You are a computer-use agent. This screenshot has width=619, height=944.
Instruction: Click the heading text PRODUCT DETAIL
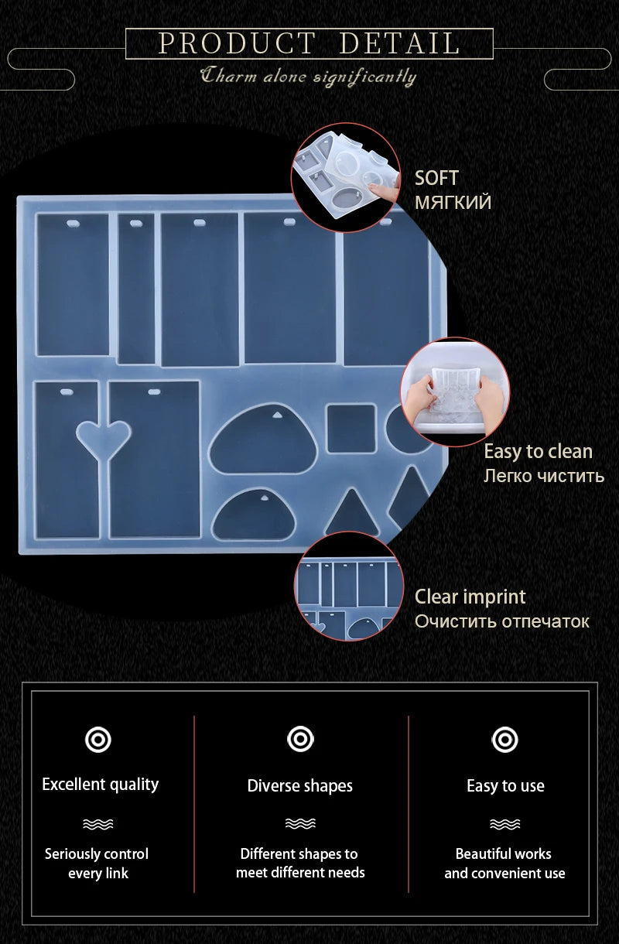click(309, 43)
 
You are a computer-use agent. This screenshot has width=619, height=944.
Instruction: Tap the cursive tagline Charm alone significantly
click(308, 77)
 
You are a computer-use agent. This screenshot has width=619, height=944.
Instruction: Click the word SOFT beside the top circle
click(436, 178)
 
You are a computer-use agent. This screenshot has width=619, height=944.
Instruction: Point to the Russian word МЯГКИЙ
click(453, 202)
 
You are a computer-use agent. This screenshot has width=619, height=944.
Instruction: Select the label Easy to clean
click(538, 451)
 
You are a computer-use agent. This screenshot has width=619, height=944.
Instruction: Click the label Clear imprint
click(470, 597)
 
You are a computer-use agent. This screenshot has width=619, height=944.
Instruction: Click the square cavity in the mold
click(351, 429)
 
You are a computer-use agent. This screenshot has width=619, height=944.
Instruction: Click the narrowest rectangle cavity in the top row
click(136, 289)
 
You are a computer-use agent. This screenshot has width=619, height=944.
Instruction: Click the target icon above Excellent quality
click(98, 740)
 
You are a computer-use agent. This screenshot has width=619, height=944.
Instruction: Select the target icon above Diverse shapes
click(300, 739)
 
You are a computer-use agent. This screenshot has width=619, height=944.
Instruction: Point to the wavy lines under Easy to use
click(504, 824)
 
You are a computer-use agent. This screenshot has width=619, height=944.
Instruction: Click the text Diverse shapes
click(300, 785)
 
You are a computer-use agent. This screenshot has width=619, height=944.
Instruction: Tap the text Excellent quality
click(101, 785)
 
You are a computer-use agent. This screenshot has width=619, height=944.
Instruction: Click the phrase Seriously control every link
click(97, 864)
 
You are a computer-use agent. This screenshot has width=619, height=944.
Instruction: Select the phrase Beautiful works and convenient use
click(504, 864)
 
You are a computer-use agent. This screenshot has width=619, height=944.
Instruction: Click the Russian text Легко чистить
click(544, 476)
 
